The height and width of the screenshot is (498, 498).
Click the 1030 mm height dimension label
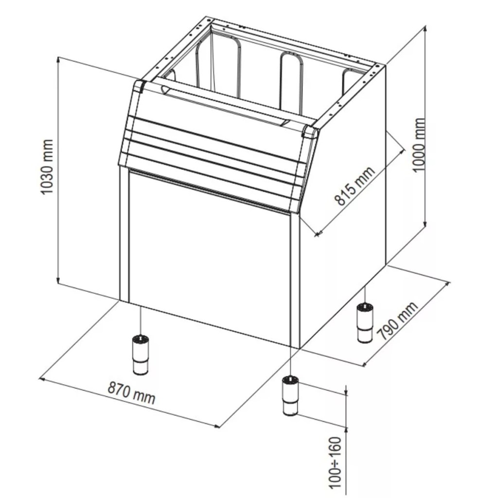[x=47, y=166]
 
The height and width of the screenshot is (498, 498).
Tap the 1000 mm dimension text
[x=419, y=144]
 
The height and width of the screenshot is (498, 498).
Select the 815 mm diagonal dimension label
[x=355, y=185]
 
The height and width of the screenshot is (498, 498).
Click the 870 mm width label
[x=131, y=392]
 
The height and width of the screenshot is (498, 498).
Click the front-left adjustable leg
[x=140, y=354]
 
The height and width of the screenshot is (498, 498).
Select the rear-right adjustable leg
[x=365, y=323]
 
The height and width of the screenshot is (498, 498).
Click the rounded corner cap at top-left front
[x=139, y=86]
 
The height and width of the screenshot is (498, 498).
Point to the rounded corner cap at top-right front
[x=310, y=131]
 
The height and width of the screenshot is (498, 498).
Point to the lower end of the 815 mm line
[x=317, y=234]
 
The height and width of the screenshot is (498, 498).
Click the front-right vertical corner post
[x=295, y=281]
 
